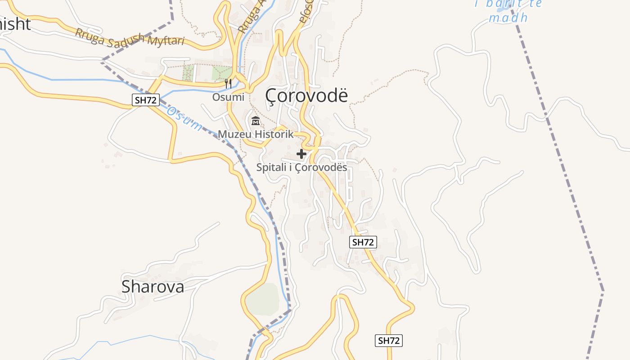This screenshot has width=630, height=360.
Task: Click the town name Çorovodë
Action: (x=306, y=95)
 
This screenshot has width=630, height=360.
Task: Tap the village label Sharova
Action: (x=153, y=286)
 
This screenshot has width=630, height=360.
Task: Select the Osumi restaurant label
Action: (x=229, y=97)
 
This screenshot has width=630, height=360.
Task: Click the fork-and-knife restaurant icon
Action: (x=228, y=83)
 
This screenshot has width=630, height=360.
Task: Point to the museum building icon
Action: (x=256, y=121)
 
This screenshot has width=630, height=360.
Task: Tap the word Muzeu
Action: (x=235, y=134)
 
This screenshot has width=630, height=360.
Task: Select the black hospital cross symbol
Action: (x=301, y=154)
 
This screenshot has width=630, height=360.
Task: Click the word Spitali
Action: (x=271, y=167)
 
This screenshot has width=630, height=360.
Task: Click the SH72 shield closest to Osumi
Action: (x=146, y=100)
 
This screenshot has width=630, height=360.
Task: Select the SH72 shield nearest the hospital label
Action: (x=363, y=242)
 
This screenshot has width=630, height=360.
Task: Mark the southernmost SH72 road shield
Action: (x=388, y=341)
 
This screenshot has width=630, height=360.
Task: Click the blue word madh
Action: (x=508, y=18)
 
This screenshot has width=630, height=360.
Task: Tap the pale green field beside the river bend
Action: (x=263, y=299)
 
